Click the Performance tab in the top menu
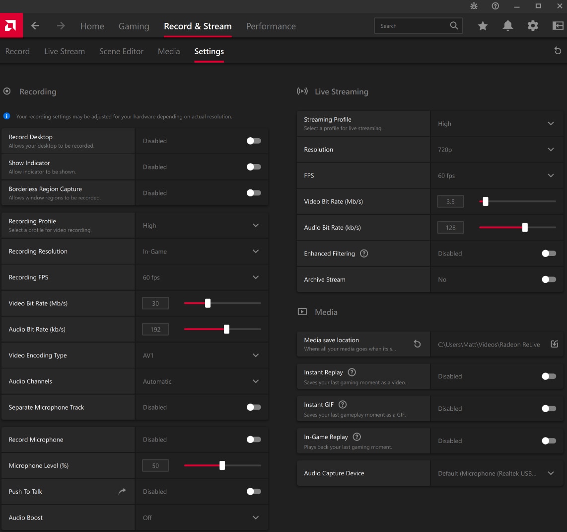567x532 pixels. pos(271,26)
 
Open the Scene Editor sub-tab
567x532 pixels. pos(121,51)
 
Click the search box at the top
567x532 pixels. pos(412,26)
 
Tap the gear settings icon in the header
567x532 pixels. pos(533,26)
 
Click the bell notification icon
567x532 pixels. pos(507,26)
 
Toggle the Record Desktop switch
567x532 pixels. pos(254,141)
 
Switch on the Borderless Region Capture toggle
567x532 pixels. pos(254,193)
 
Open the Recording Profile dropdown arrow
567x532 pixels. pos(256,225)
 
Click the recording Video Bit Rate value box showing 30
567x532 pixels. pos(155,303)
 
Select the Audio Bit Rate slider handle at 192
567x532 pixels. pos(226,329)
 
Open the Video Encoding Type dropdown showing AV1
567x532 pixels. pos(256,355)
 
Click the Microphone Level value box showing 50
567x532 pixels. pos(155,466)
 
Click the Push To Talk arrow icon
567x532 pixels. pos(122,491)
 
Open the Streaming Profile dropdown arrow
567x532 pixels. pos(551,124)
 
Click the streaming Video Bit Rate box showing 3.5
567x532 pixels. pos(450,202)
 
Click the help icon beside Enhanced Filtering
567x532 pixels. pos(364,254)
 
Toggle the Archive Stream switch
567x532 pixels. pos(549,279)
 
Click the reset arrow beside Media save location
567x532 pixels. pos(417,344)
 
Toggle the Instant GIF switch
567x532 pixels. pos(549,409)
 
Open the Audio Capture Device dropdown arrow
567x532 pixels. pos(551,473)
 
